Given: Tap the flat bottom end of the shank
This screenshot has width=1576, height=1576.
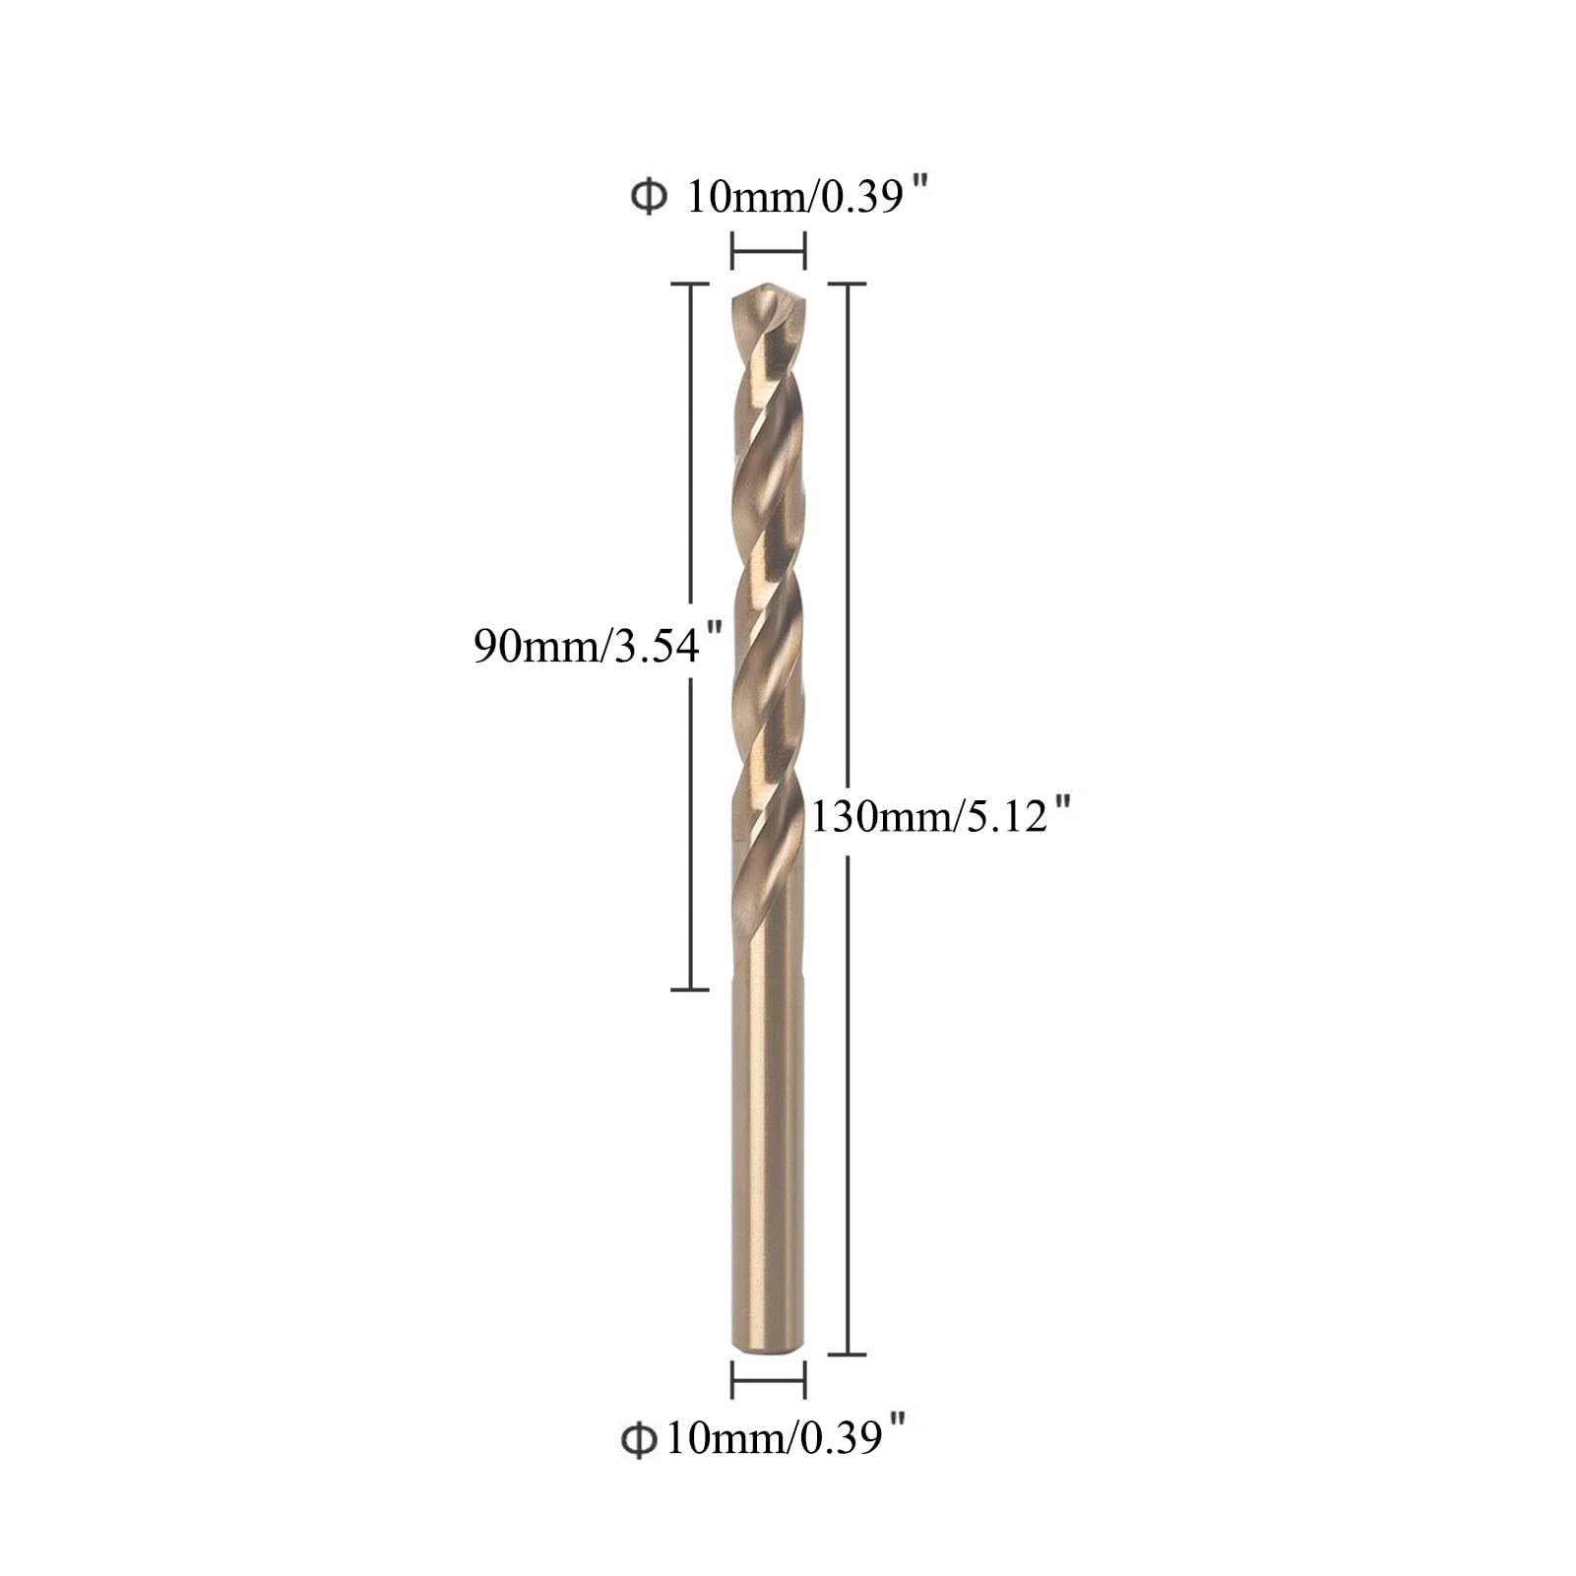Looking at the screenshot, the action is [x=768, y=1350].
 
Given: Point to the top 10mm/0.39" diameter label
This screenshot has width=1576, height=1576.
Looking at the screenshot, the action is [x=780, y=195].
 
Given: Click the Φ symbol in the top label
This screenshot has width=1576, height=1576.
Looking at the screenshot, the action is [x=649, y=197].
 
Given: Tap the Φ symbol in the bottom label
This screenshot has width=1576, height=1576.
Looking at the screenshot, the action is [x=639, y=1440].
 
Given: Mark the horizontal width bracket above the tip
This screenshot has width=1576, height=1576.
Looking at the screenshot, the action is [x=769, y=250].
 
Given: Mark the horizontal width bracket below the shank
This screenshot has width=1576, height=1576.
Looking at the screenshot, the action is [x=769, y=1380].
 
